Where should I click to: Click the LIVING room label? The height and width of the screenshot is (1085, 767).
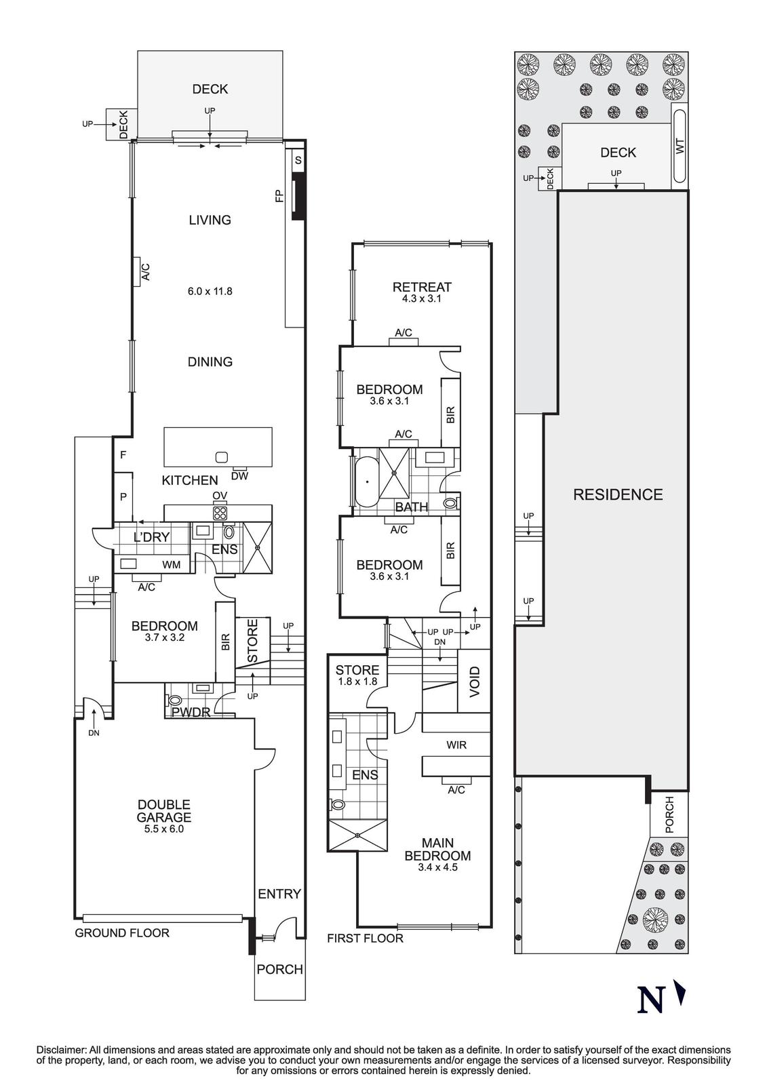pyautogui.click(x=210, y=220)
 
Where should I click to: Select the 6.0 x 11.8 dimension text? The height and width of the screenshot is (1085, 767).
pyautogui.click(x=210, y=292)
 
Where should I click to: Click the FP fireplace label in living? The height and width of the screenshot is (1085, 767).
pyautogui.click(x=279, y=197)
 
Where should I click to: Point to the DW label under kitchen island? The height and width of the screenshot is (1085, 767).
pyautogui.click(x=239, y=476)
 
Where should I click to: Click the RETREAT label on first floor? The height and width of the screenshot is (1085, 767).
pyautogui.click(x=422, y=287)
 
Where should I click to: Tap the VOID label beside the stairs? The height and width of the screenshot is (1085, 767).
pyautogui.click(x=475, y=682)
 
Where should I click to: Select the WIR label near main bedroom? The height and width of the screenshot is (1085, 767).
pyautogui.click(x=456, y=745)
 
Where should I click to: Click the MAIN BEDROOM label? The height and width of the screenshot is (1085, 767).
pyautogui.click(x=437, y=849)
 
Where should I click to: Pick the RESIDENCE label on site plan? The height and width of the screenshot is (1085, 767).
pyautogui.click(x=618, y=494)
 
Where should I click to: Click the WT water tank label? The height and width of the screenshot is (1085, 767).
pyautogui.click(x=681, y=146)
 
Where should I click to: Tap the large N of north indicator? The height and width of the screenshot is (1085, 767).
pyautogui.click(x=652, y=1000)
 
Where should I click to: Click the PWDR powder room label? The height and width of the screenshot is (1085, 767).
pyautogui.click(x=191, y=713)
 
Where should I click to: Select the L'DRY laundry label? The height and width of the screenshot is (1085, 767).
pyautogui.click(x=151, y=537)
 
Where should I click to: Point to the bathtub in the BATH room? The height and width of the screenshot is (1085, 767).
pyautogui.click(x=367, y=481)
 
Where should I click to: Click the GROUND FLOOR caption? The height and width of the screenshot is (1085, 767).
pyautogui.click(x=122, y=933)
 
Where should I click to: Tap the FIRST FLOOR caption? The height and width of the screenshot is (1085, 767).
pyautogui.click(x=365, y=939)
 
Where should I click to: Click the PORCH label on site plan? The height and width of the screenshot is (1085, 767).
pyautogui.click(x=669, y=814)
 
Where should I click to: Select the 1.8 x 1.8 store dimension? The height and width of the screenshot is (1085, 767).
pyautogui.click(x=357, y=682)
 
